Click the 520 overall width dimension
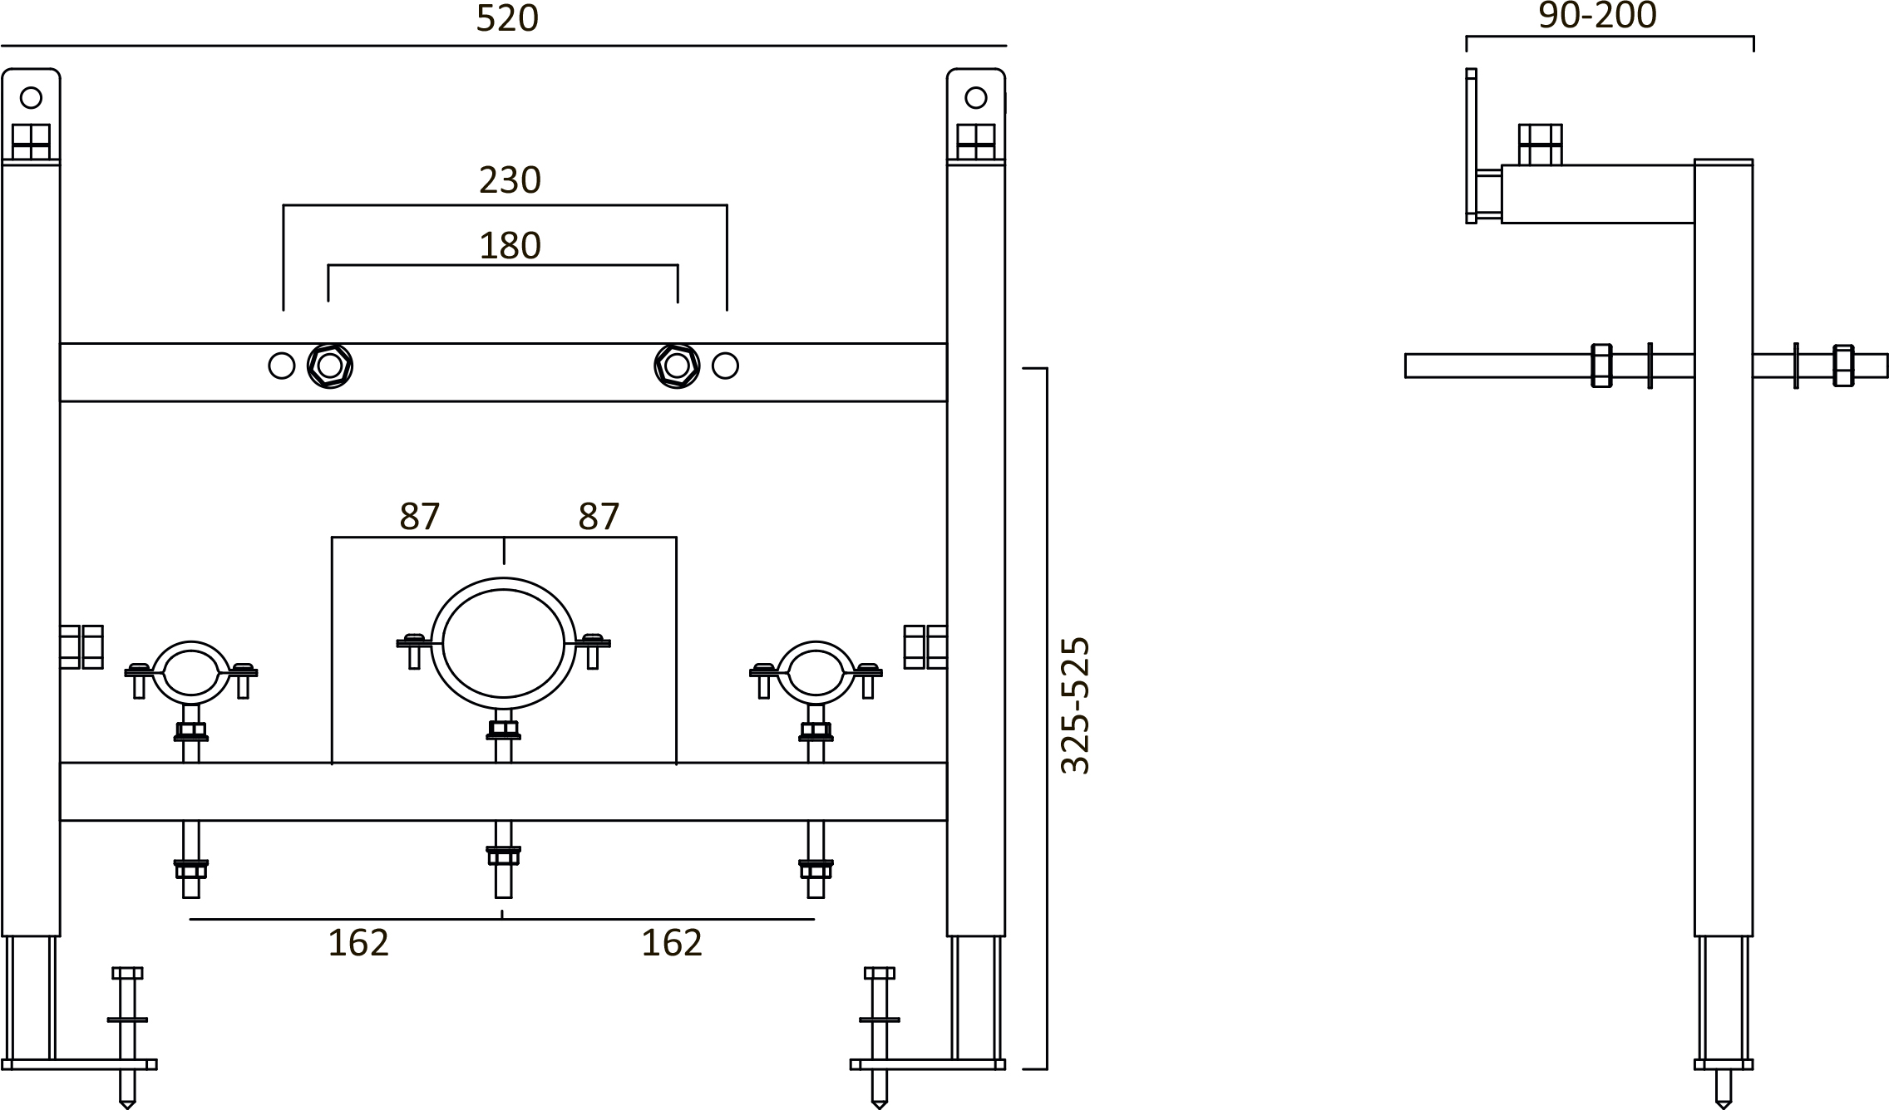[x=507, y=18]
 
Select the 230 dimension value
[x=510, y=180]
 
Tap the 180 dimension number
[x=510, y=246]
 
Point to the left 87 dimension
[x=419, y=517]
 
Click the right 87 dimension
[x=599, y=517]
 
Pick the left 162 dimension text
[x=358, y=943]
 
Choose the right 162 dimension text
[x=672, y=943]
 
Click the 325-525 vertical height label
[x=1075, y=706]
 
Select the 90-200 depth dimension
[x=1597, y=17]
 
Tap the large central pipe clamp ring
[x=503, y=644]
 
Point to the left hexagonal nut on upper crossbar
[x=330, y=366]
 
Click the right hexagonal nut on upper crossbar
[x=677, y=366]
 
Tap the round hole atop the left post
[x=31, y=98]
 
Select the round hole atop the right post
[x=975, y=98]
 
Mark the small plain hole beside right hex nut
[x=725, y=366]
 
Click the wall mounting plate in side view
[x=1471, y=146]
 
